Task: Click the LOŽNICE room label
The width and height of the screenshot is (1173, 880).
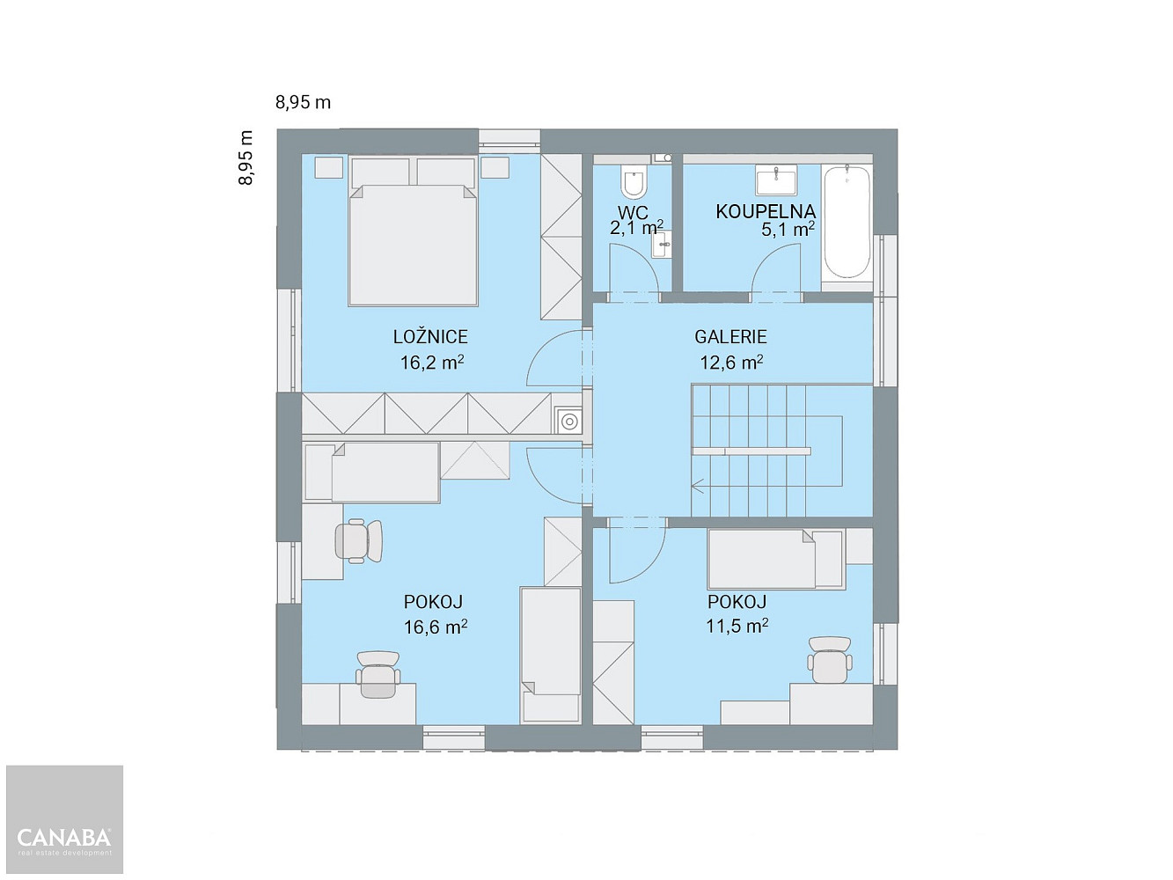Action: tap(430, 337)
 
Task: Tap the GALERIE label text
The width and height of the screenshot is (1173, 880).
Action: tap(730, 337)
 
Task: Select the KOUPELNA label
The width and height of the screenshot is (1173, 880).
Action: tap(766, 211)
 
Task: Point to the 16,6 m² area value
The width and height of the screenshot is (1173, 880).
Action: tap(436, 627)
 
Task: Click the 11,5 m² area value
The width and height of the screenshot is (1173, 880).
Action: tap(737, 626)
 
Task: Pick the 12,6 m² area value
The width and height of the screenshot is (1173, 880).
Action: tap(731, 363)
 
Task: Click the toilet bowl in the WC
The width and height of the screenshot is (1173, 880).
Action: tap(634, 181)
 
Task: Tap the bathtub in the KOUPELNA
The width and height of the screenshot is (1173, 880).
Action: tap(847, 222)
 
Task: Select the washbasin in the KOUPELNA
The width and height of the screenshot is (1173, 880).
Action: tap(776, 180)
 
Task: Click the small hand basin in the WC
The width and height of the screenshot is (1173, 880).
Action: tap(661, 245)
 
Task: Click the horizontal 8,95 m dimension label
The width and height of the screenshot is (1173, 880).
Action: tap(303, 102)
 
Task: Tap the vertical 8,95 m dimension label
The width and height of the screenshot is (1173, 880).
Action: tap(246, 158)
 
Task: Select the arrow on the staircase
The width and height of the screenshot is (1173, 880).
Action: tap(698, 487)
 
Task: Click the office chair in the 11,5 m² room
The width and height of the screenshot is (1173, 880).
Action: tap(830, 659)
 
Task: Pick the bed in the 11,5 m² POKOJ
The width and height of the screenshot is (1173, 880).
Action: tap(776, 559)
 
